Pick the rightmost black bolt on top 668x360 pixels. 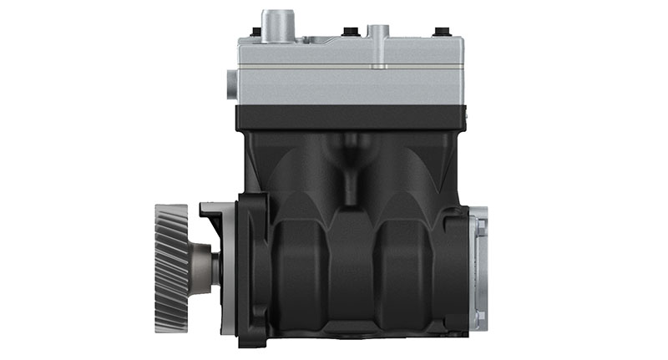click(438, 34)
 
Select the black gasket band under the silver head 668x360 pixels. click(351, 117)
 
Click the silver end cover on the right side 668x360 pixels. click(478, 267)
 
